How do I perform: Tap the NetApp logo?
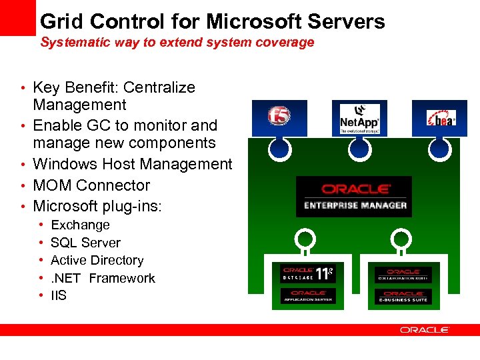pos(359,117)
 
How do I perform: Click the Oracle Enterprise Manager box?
pos(354,197)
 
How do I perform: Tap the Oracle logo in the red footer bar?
pos(425,330)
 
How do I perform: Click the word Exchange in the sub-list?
pos(80,225)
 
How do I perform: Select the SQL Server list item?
pos(85,243)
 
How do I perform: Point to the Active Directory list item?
pos(97,261)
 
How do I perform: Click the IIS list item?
pos(59,295)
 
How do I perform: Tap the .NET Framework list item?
pos(103,278)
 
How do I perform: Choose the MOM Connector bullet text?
pos(91,185)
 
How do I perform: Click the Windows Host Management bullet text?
pos(132,164)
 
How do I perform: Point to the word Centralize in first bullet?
pos(159,87)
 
